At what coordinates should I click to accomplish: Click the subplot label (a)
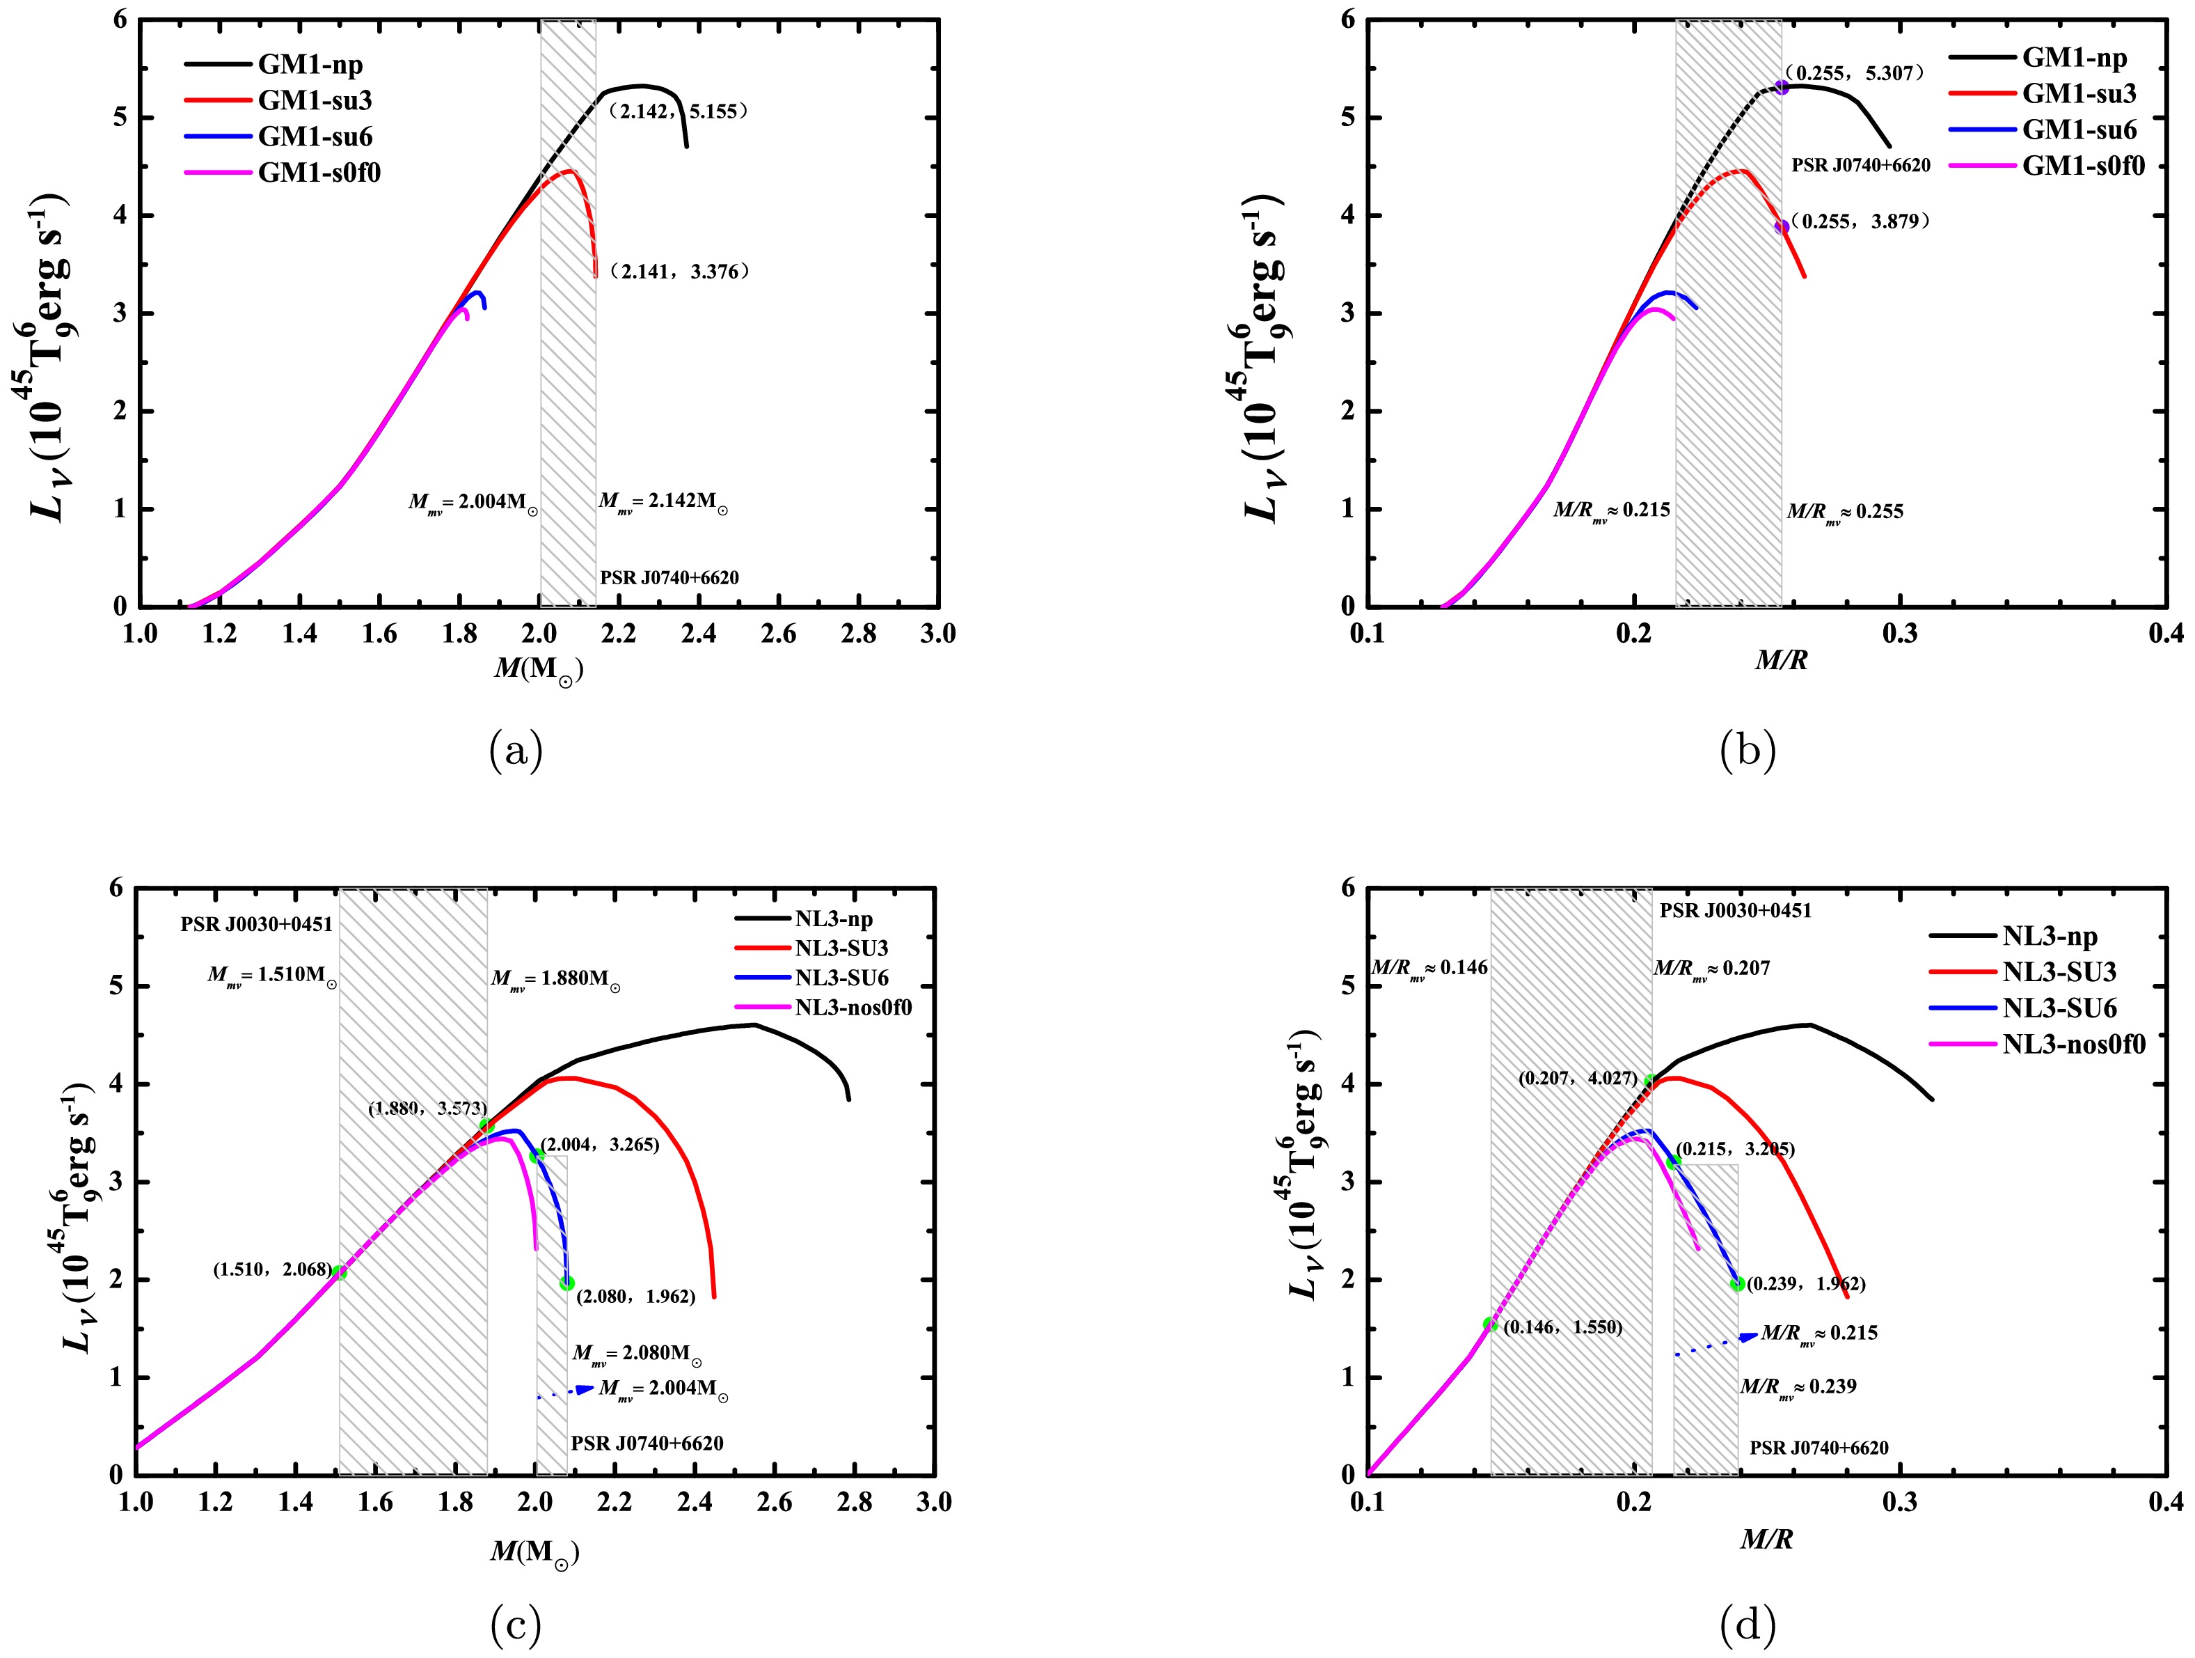tap(516, 751)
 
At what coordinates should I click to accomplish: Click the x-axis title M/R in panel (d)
tap(1766, 1540)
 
